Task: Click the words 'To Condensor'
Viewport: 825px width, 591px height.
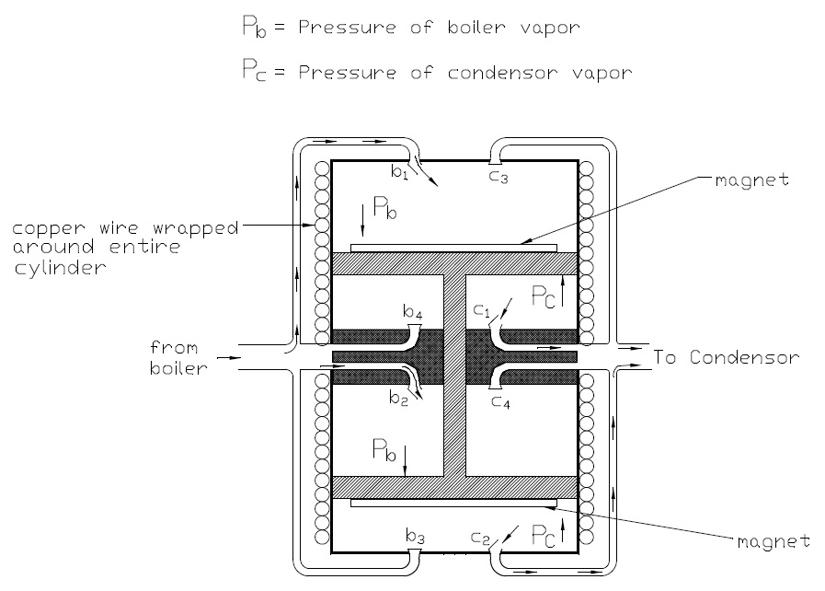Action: (x=726, y=357)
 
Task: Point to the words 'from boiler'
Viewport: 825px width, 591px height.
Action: (x=183, y=357)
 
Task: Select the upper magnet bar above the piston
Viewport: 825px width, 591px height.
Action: (x=453, y=248)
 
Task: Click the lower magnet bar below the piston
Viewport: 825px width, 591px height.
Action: (x=453, y=503)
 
